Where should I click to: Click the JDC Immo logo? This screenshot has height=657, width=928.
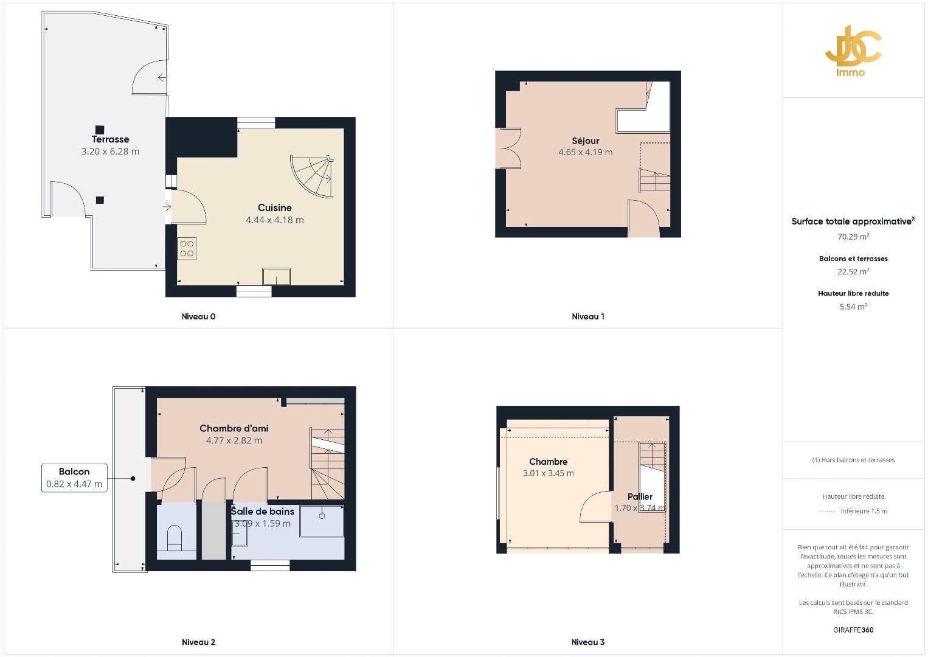coord(853,51)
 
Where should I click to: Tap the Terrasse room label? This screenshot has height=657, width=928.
coord(110,139)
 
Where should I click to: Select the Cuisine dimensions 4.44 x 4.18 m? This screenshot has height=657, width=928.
coord(275,220)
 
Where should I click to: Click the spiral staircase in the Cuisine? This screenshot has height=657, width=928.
coord(311,176)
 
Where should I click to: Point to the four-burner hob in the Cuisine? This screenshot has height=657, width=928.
coord(187,248)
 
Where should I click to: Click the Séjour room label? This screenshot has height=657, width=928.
coord(586,141)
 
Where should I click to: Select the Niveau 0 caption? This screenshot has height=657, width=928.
coord(198,316)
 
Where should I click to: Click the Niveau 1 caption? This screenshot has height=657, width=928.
coord(588,316)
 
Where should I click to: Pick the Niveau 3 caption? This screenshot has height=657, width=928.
coord(588,642)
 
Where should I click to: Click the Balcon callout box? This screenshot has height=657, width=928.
coord(74,478)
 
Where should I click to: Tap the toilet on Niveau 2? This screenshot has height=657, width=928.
coord(175,538)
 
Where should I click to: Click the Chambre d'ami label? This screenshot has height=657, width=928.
coord(234,428)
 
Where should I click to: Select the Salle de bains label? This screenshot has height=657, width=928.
coord(263,511)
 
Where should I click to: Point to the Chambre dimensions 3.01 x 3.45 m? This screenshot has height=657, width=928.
coord(548,473)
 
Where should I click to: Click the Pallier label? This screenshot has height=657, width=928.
coord(640,496)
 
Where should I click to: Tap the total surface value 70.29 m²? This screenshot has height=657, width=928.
coord(853,236)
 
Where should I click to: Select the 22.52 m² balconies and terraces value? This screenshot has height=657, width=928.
coord(853,271)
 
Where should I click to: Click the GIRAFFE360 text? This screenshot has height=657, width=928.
coord(853,630)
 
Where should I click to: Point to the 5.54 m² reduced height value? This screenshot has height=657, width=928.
coord(853,307)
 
